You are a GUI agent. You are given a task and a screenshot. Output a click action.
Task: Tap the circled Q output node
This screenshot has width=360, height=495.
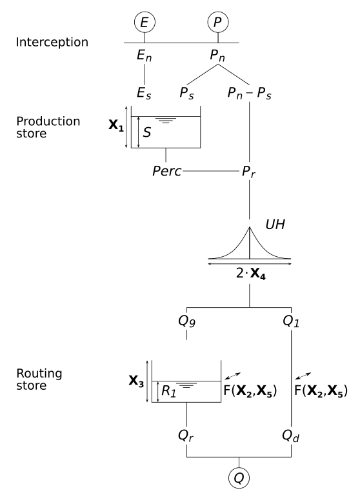(x=239, y=478)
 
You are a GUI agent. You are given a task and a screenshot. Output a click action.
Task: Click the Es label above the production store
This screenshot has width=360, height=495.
(x=145, y=94)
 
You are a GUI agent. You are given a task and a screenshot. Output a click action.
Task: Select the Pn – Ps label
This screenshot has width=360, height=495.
(x=249, y=94)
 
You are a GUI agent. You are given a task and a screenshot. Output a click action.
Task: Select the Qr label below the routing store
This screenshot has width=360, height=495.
(x=186, y=434)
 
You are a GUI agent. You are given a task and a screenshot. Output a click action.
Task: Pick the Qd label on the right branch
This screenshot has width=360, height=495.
(x=292, y=434)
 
